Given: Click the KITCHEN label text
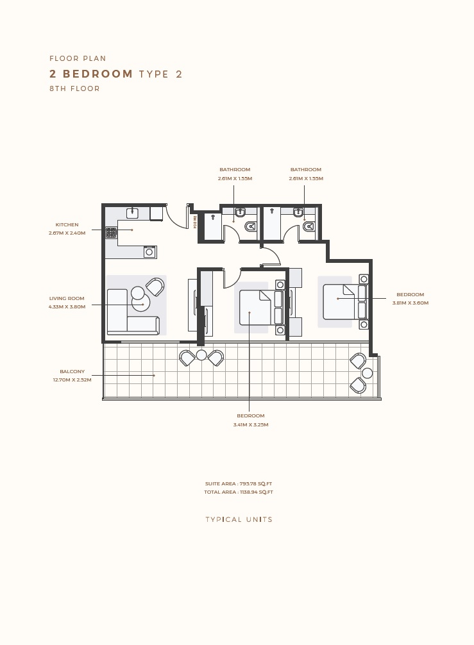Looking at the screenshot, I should (x=67, y=225).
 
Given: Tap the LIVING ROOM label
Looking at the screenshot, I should (x=67, y=298).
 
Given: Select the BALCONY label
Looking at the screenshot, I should (x=72, y=371).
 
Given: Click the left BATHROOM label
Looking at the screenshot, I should (x=235, y=170).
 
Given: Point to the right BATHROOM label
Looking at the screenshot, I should (x=306, y=170).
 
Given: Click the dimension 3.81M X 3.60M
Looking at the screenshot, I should (x=410, y=303).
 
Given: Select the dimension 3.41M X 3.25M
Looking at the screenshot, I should (x=250, y=424).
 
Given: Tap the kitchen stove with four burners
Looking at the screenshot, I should (x=112, y=233).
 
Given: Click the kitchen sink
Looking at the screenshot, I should (x=133, y=213).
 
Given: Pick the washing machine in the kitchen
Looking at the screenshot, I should (x=149, y=252).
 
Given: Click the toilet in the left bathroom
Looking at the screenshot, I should (x=251, y=226).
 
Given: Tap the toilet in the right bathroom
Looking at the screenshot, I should (x=309, y=226).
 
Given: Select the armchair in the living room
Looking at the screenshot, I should (x=155, y=286).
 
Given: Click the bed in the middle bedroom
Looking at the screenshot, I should (x=256, y=308).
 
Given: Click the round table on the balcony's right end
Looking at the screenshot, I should (x=367, y=373).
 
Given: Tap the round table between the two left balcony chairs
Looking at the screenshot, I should (x=201, y=355).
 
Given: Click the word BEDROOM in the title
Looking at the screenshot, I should (x=98, y=74).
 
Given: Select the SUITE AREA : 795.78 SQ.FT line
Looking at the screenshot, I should (x=239, y=483).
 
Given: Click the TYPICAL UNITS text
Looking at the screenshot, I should (x=239, y=519).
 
